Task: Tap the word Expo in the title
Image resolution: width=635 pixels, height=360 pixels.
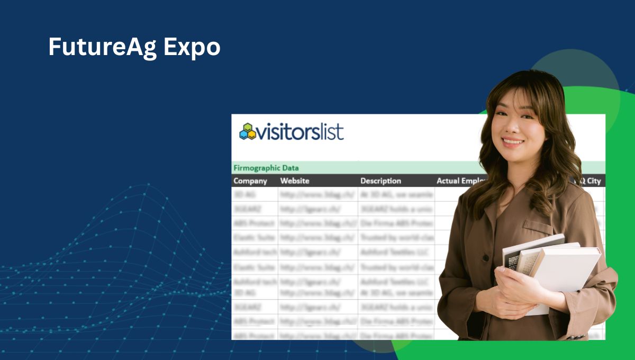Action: pos(192,48)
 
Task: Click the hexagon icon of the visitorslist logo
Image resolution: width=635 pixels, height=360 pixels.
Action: pos(247,131)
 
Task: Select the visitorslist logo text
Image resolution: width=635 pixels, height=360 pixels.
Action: pos(300,131)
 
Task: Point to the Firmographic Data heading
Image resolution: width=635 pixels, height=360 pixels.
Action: pos(266,168)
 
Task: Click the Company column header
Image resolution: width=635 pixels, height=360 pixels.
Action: pos(250,181)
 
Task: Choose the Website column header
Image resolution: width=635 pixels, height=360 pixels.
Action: pos(295,181)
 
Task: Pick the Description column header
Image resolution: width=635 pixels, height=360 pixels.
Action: pos(381,181)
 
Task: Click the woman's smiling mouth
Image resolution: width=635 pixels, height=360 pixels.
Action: pos(513,142)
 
